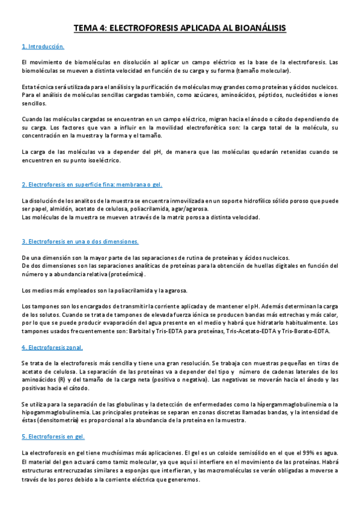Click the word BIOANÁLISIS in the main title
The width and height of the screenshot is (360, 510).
click(254, 28)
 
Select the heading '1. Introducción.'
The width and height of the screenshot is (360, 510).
click(43, 46)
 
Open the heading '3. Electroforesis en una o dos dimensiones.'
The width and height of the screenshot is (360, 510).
click(80, 241)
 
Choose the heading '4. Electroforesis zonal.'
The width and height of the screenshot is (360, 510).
click(52, 348)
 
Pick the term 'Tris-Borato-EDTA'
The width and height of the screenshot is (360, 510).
click(314, 331)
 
